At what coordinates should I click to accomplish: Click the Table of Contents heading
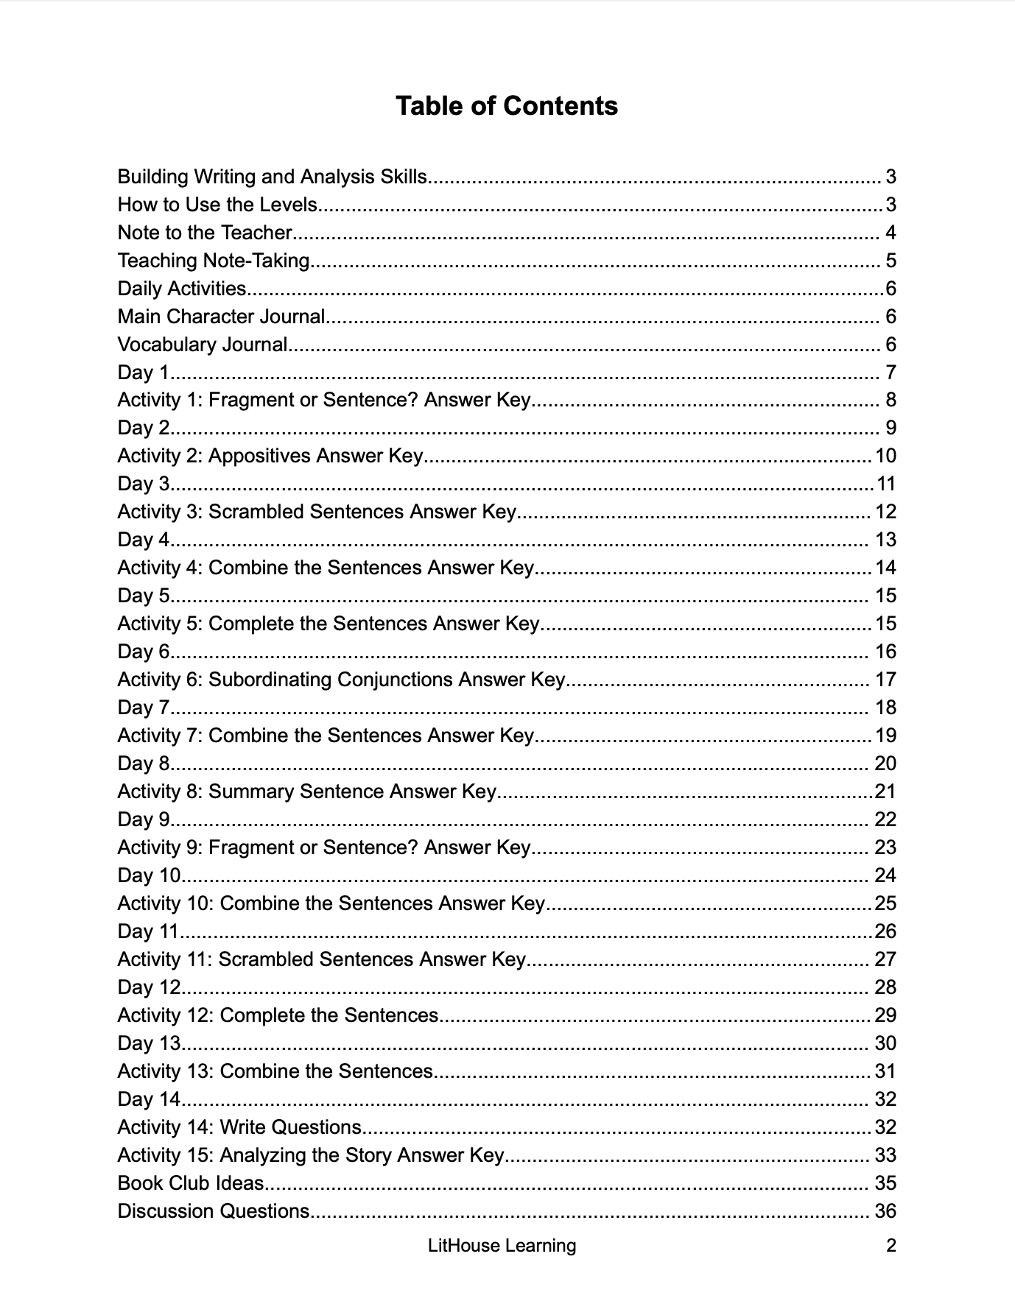coord(506,106)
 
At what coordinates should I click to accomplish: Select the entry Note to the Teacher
coord(205,233)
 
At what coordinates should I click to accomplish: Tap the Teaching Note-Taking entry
coord(214,261)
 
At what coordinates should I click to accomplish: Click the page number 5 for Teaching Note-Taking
coord(891,261)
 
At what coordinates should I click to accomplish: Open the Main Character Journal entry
coord(221,317)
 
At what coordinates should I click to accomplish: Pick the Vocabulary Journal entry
coord(203,345)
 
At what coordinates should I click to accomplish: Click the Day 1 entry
coord(144,373)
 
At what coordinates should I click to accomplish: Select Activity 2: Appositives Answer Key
coord(270,456)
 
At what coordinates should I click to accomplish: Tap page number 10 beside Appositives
coord(885,456)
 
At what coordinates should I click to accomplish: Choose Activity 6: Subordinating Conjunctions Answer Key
coord(341,680)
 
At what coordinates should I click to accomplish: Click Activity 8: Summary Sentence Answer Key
coord(306,792)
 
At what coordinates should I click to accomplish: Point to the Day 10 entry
coord(149,875)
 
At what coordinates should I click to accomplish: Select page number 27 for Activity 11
coord(885,959)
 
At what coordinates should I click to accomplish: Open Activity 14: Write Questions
coord(239,1127)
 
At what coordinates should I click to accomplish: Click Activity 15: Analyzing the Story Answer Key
coord(310,1155)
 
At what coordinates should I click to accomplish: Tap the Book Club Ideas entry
coord(191,1183)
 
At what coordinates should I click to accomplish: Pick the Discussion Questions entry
coord(214,1211)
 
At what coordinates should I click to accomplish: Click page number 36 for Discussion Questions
coord(885,1211)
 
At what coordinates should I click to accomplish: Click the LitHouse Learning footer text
coord(502,1246)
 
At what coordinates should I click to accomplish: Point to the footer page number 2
coord(891,1246)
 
